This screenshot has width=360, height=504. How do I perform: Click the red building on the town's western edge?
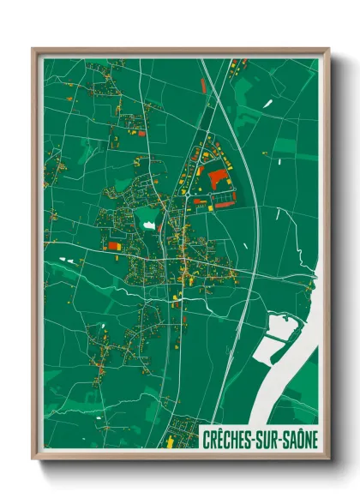pyautogui.click(x=113, y=246)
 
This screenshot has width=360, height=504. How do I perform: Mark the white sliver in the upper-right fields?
pyautogui.click(x=268, y=103)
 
